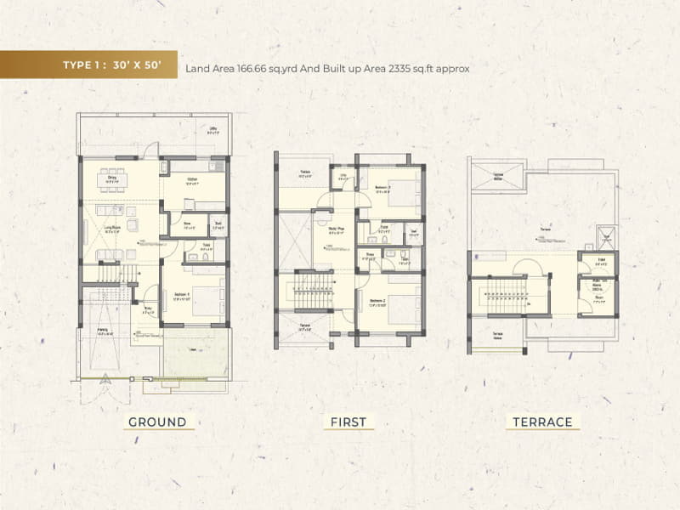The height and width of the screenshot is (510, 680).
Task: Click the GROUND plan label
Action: point(157,422)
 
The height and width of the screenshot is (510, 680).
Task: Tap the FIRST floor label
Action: point(348,422)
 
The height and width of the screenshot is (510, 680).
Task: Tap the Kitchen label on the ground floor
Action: point(193,179)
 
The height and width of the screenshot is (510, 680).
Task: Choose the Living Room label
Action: point(110,228)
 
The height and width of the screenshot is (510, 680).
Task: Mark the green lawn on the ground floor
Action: point(195,357)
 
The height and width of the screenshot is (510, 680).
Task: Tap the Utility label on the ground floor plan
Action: point(214,131)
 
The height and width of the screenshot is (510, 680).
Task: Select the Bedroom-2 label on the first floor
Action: point(379,301)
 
